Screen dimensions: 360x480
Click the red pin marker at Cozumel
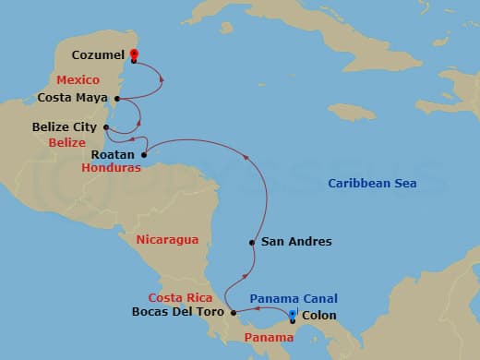pyautogui.click(x=135, y=54)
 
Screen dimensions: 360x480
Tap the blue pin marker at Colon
pyautogui.click(x=292, y=317)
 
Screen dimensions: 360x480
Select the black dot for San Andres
pyautogui.click(x=251, y=243)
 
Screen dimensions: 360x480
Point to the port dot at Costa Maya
pyautogui.click(x=116, y=96)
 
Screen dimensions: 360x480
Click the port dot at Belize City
pyautogui.click(x=108, y=127)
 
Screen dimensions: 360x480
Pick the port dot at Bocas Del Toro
pyautogui.click(x=234, y=313)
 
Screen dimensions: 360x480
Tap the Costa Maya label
pyautogui.click(x=75, y=96)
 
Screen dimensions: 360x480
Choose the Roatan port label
pyautogui.click(x=114, y=154)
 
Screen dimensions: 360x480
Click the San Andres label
pyautogui.click(x=296, y=243)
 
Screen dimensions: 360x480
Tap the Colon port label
pyautogui.click(x=318, y=316)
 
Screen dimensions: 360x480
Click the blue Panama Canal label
pyautogui.click(x=294, y=298)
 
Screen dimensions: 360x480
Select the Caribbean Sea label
pyautogui.click(x=372, y=184)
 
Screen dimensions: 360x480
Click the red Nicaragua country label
pyautogui.click(x=167, y=240)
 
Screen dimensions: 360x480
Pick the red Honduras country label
pyautogui.click(x=112, y=169)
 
